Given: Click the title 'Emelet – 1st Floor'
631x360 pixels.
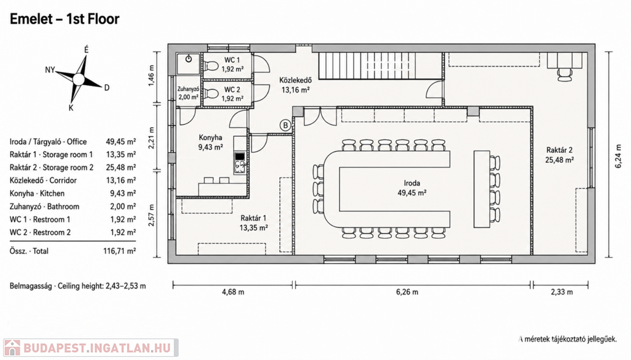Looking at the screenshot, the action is (64, 19).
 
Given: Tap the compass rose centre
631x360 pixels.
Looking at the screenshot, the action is (78, 79).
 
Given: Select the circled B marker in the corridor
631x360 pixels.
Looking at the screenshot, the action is (285, 125).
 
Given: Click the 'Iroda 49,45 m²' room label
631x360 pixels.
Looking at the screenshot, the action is (412, 188).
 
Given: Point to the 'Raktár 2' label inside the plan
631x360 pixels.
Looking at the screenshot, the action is (559, 150).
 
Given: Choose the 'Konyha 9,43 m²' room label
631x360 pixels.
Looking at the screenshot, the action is (210, 142).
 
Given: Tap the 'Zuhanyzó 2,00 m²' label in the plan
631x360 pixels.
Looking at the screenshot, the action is (189, 93).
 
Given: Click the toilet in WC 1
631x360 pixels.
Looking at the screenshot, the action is (211, 65).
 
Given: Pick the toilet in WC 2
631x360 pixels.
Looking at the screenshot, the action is (211, 94).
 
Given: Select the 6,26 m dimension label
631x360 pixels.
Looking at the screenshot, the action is (407, 292).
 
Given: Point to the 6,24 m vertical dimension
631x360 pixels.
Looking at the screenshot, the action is (619, 156).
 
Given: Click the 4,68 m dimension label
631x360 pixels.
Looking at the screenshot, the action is (233, 292).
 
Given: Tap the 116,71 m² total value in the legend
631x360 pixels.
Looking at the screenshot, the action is (120, 251).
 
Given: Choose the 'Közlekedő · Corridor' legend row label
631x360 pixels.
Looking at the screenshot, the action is (43, 181).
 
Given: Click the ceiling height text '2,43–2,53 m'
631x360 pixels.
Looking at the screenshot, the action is (126, 286).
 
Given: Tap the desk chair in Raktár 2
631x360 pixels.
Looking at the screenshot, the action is (564, 75).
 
